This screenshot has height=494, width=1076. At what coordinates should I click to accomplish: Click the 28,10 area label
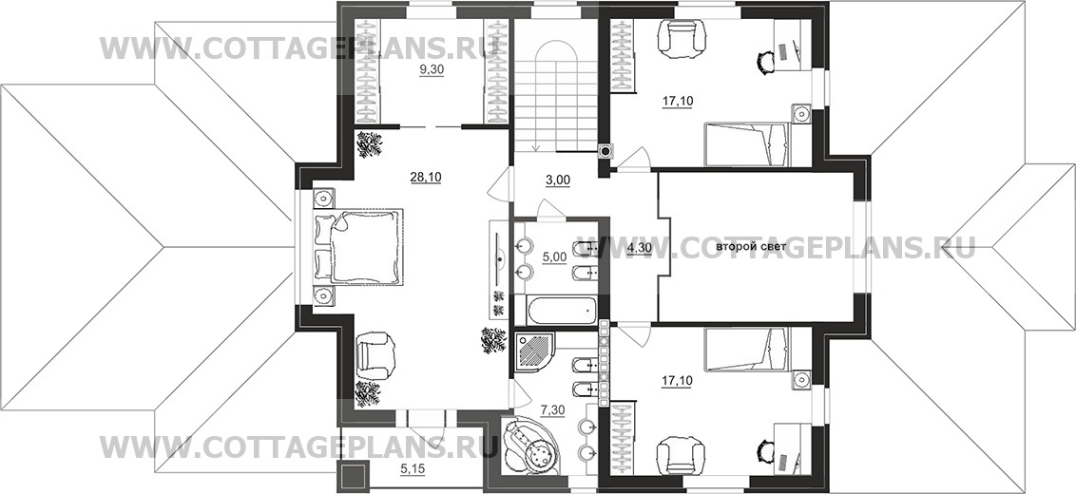click(426, 178)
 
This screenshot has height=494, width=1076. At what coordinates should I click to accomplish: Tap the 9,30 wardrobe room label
click(432, 69)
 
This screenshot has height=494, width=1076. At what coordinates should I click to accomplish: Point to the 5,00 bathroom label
click(554, 257)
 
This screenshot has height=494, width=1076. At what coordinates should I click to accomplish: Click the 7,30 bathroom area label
click(552, 410)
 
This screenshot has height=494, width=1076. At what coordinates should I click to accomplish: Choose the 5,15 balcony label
click(411, 470)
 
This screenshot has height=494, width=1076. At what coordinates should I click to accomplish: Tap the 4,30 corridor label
click(641, 248)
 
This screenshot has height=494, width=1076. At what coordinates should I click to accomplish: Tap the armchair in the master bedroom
click(375, 354)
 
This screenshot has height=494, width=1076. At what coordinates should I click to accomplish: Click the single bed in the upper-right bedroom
click(748, 144)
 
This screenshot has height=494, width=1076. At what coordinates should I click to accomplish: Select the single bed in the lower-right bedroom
click(748, 350)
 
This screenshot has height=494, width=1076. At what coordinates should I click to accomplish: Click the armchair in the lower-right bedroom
click(680, 455)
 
